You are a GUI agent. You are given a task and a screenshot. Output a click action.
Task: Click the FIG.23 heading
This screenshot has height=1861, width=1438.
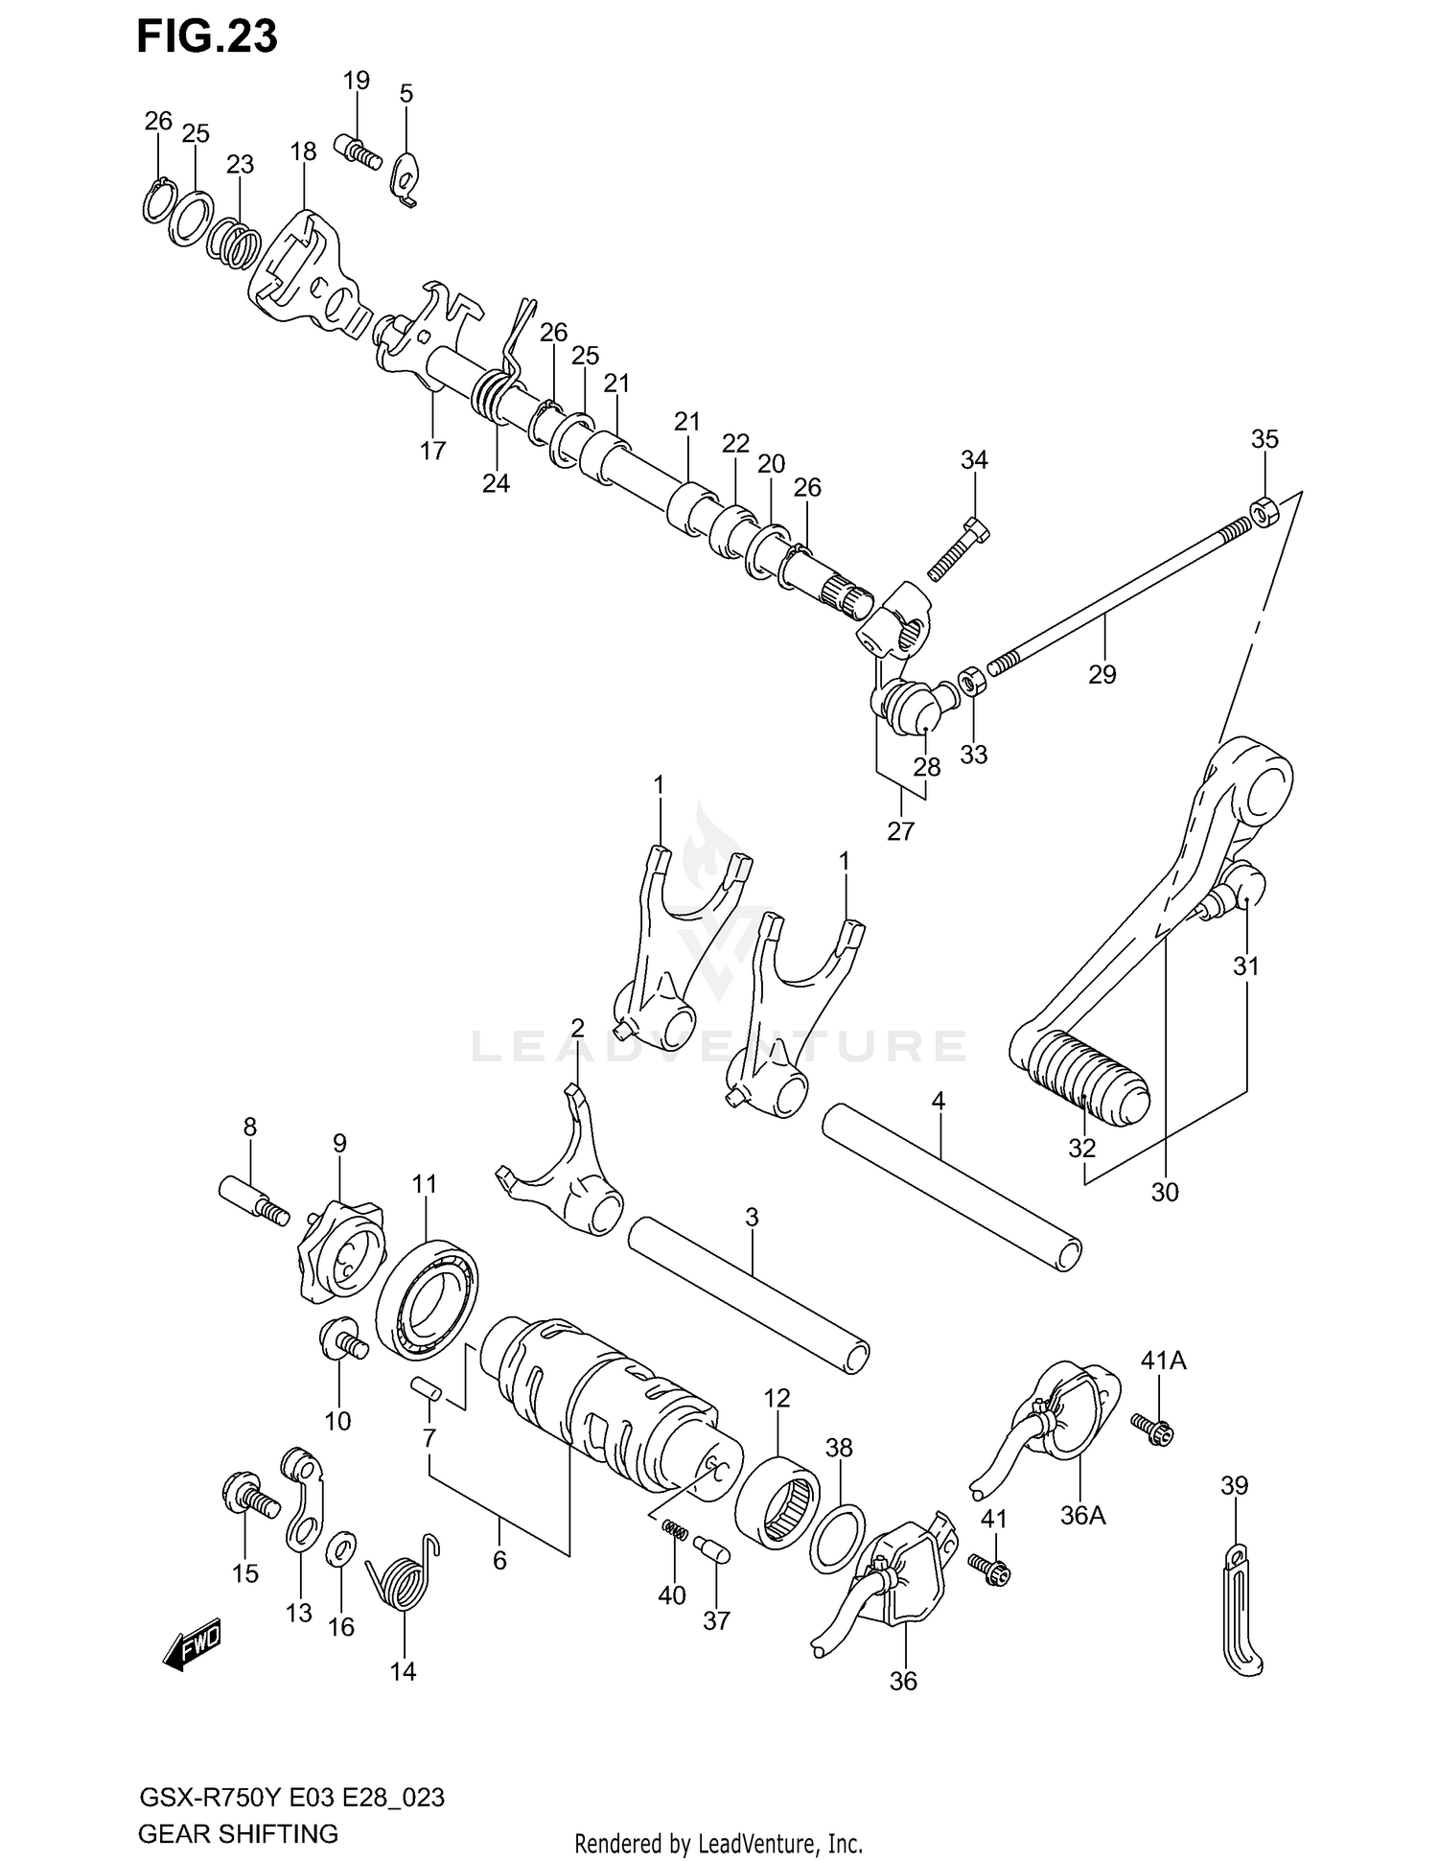207,36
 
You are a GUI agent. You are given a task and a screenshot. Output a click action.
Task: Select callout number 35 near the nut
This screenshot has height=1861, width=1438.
1264,439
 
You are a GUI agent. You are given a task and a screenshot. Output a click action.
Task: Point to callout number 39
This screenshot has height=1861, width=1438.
1234,1485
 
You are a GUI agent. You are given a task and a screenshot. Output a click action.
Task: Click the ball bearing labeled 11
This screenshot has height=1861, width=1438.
427,1299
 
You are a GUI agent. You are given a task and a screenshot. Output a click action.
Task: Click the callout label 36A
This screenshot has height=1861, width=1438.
1083,1515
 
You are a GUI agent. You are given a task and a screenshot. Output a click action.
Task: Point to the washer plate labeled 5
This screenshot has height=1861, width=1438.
407,175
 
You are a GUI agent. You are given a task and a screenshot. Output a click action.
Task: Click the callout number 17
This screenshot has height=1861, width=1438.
432,450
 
